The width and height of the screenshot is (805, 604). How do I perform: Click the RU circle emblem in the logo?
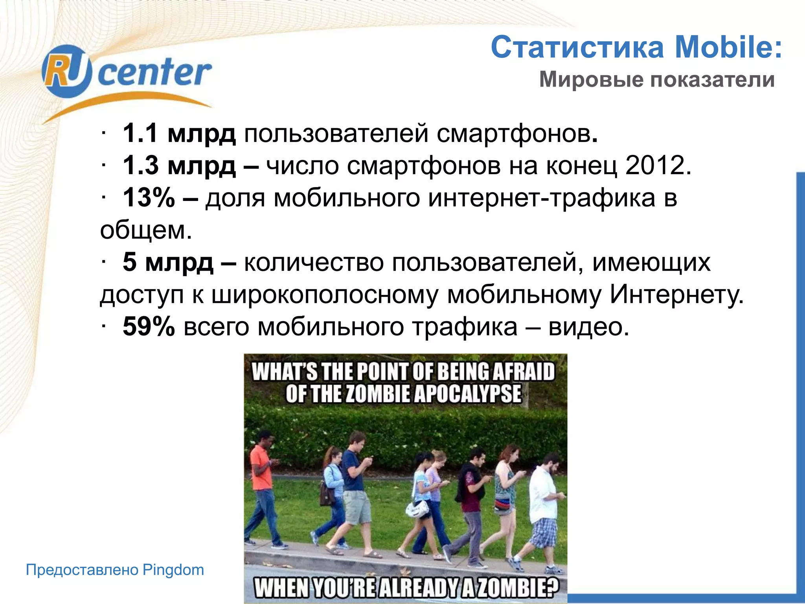click(67, 71)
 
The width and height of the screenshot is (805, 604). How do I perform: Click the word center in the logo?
click(154, 73)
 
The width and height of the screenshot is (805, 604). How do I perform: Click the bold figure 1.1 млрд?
click(179, 133)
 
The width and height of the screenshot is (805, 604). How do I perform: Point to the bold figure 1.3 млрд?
click(179, 166)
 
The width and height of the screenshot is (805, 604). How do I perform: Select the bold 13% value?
click(149, 197)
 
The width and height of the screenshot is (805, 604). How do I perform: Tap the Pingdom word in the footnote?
click(173, 570)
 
